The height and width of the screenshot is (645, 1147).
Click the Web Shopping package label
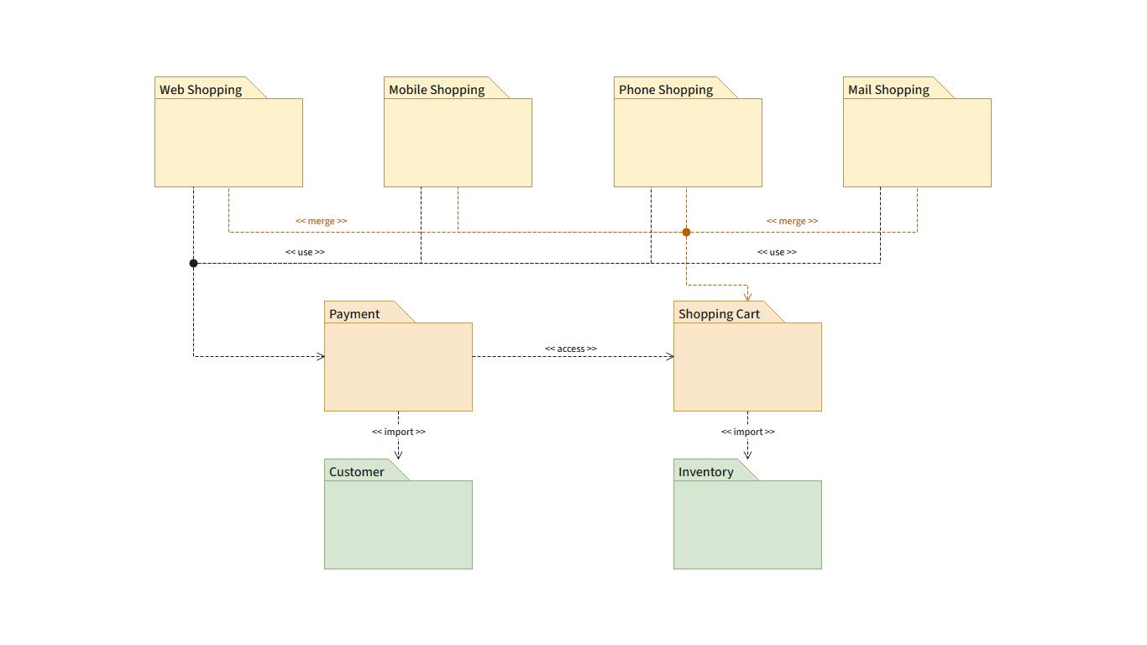click(201, 90)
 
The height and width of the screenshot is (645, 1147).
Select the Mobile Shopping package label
click(437, 90)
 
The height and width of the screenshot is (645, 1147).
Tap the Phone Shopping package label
click(666, 90)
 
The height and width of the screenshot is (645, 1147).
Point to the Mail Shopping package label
click(888, 90)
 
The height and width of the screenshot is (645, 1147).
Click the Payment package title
click(354, 314)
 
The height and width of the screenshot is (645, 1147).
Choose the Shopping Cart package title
click(719, 314)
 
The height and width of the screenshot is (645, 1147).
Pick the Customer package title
click(357, 472)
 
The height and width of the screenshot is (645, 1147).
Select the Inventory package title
click(705, 472)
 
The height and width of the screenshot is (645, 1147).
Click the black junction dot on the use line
click(194, 263)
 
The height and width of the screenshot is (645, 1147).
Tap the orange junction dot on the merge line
click(686, 232)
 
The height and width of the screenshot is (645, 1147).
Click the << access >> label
click(571, 349)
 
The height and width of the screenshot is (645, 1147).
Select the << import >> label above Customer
click(399, 432)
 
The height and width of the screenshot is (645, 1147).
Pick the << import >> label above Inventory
click(748, 432)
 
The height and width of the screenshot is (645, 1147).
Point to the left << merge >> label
click(322, 221)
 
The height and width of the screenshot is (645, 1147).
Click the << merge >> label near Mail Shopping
click(792, 221)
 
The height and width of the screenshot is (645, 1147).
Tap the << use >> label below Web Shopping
click(305, 252)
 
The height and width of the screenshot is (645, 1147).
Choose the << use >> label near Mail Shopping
click(777, 252)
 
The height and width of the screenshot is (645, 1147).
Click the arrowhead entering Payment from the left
click(320, 356)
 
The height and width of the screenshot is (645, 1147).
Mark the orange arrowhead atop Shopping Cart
click(747, 296)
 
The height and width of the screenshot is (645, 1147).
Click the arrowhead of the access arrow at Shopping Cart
click(669, 356)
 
